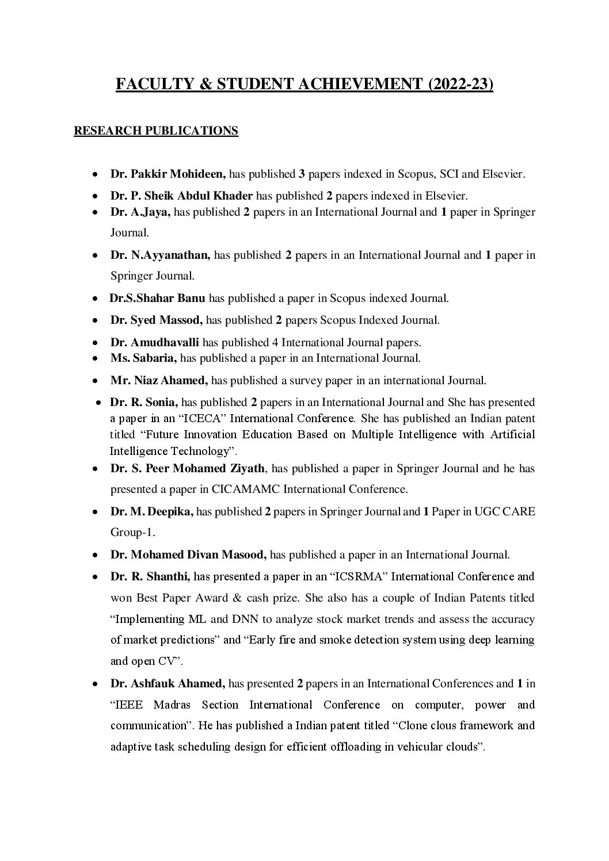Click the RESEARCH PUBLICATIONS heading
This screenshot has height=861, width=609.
click(156, 131)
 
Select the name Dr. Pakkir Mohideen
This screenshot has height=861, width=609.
click(168, 173)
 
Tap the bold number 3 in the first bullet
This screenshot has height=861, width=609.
click(302, 173)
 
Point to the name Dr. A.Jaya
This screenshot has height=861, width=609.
click(140, 212)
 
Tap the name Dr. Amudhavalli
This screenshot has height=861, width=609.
click(155, 343)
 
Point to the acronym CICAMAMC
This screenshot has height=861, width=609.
click(245, 489)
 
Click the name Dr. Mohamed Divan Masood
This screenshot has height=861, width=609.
click(188, 555)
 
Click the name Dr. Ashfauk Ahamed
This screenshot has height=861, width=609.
click(168, 684)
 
